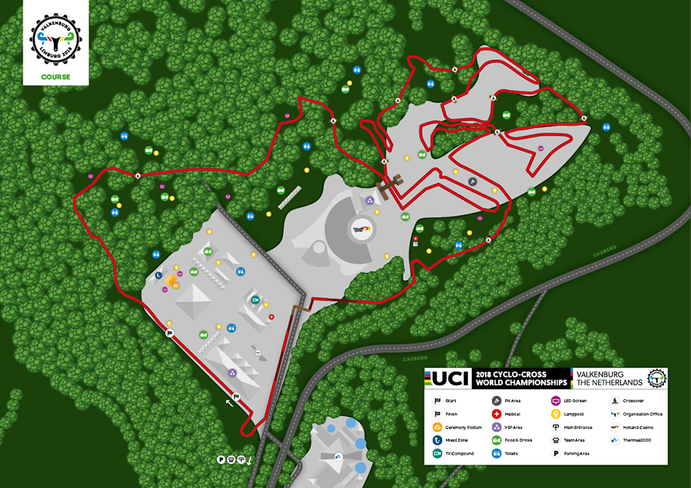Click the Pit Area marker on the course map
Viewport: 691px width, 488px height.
[473, 182]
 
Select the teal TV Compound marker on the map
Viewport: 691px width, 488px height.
[256, 300]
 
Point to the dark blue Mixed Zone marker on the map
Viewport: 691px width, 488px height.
[160, 276]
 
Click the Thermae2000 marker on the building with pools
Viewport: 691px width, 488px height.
[338, 456]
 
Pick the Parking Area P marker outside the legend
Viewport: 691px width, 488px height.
[221, 459]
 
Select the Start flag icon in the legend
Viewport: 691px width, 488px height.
[437, 400]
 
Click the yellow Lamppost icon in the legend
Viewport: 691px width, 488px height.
[555, 413]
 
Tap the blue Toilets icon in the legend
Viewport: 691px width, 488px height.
[496, 453]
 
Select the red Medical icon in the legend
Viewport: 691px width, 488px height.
[496, 413]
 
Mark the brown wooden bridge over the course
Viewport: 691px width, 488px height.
[391, 184]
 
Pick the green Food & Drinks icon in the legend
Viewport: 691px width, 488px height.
[496, 440]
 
